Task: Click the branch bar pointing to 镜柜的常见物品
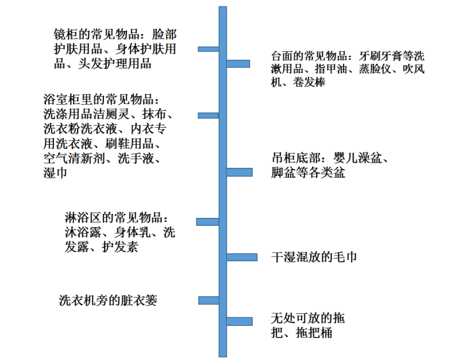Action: (x=208, y=49)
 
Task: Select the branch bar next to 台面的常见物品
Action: (x=238, y=63)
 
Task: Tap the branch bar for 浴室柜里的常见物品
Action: (x=208, y=115)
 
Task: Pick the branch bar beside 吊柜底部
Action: (x=240, y=172)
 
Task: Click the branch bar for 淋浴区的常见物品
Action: (x=207, y=222)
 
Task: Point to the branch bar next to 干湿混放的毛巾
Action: (x=242, y=257)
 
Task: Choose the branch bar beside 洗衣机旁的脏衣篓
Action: (x=209, y=301)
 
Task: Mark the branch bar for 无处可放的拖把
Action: (x=240, y=321)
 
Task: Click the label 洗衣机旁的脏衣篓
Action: (x=108, y=301)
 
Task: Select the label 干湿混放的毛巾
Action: (x=314, y=257)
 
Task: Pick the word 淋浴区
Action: (x=83, y=218)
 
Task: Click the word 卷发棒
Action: (x=309, y=82)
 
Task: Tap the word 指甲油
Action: (x=330, y=69)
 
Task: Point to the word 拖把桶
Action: (x=314, y=333)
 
